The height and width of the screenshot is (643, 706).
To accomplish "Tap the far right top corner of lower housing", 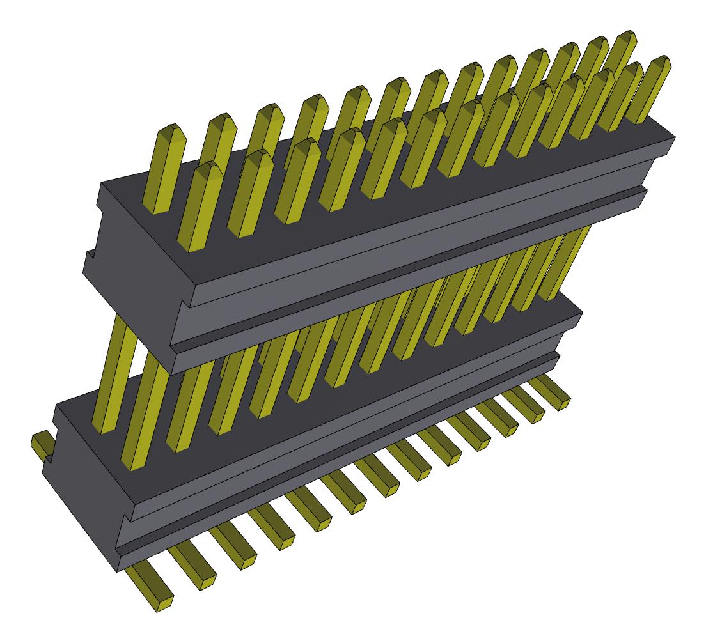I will pyautogui.click(x=581, y=313).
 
